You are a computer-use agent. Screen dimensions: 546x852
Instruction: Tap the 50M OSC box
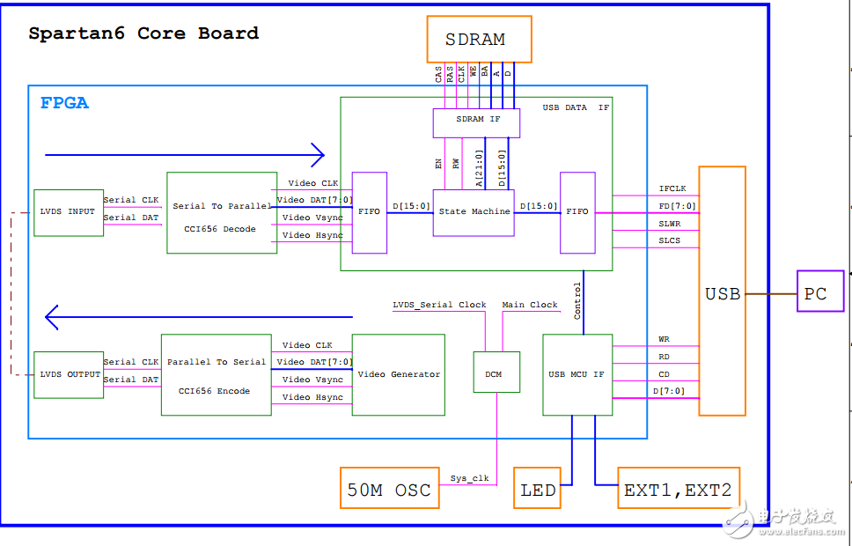tap(389, 489)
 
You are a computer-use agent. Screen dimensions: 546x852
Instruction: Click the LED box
tap(538, 489)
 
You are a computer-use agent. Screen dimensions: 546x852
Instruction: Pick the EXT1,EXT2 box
tap(678, 489)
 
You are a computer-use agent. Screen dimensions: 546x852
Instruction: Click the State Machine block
tap(474, 212)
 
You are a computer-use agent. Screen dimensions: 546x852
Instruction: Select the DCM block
tap(493, 373)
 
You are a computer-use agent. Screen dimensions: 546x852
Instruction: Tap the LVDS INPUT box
tap(69, 212)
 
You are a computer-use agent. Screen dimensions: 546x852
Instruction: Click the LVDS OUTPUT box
tap(70, 374)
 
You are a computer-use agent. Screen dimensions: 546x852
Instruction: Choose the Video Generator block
tap(398, 374)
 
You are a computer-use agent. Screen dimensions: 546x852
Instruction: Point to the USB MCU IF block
tap(577, 374)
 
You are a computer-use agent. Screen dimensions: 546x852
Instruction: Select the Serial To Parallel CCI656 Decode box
tap(222, 213)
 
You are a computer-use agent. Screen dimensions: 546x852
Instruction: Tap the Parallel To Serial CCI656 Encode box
tap(216, 374)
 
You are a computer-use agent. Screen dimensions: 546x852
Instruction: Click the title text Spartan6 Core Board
tap(143, 33)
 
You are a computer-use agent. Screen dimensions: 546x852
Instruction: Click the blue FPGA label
tap(64, 103)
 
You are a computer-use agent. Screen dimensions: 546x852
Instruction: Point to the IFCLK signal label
tap(672, 188)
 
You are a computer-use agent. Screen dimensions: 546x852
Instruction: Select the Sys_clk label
tap(469, 479)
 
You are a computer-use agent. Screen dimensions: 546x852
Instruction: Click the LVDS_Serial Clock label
tap(439, 305)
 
